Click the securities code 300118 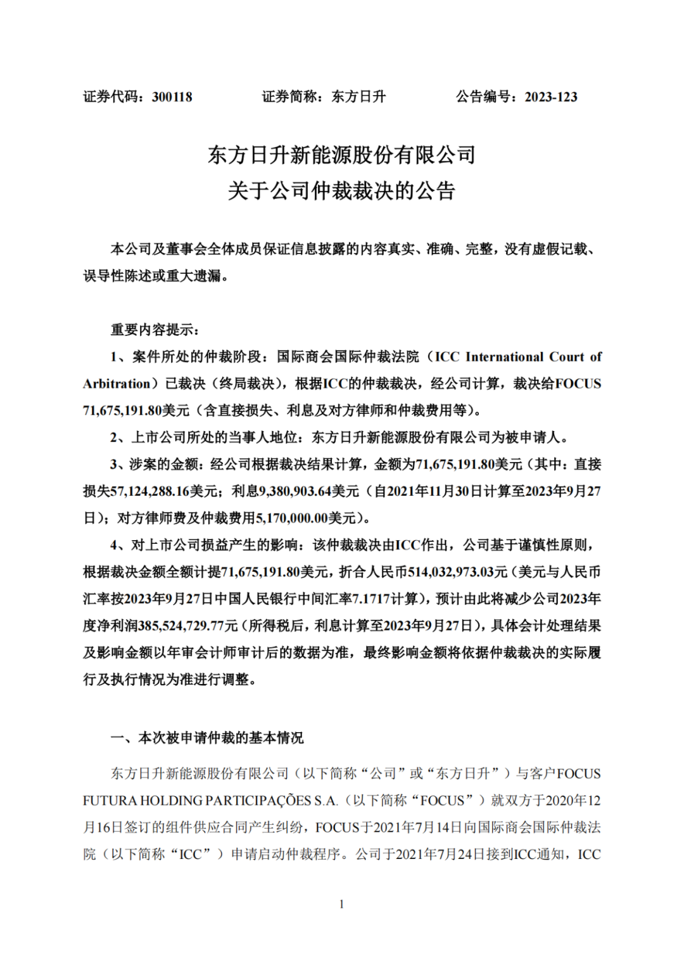[172, 97]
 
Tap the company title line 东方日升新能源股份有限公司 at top [341, 155]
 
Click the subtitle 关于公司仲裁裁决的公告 [341, 191]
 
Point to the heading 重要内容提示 [155, 330]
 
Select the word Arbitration [117, 384]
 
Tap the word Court [567, 357]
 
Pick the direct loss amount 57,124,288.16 [150, 491]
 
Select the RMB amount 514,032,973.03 [450, 572]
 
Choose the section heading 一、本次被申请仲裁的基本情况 [207, 738]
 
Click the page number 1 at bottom [342, 904]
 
